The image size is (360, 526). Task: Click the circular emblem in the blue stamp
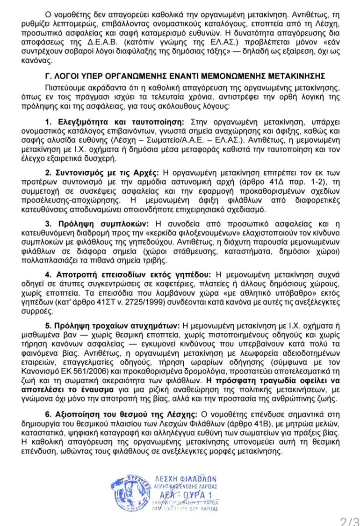[x=125, y=491]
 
